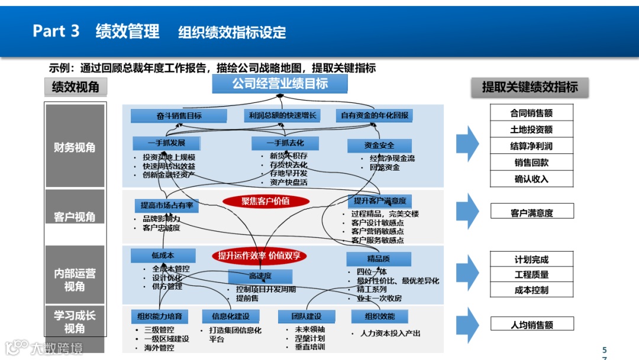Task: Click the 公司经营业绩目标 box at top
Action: click(280, 84)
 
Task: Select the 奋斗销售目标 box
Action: click(175, 116)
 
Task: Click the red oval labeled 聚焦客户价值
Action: click(266, 201)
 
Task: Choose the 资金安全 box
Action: click(379, 145)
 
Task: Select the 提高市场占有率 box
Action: click(166, 205)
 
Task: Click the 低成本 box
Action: click(162, 256)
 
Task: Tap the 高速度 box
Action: click(260, 277)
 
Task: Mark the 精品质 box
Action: click(377, 259)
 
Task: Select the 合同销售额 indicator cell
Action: click(531, 112)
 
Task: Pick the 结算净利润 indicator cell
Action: click(531, 146)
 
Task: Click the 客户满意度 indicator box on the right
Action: click(531, 213)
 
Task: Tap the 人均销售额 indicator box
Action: click(531, 324)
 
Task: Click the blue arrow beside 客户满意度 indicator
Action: click(467, 211)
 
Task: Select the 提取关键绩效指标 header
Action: click(530, 88)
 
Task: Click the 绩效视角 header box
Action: click(75, 88)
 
